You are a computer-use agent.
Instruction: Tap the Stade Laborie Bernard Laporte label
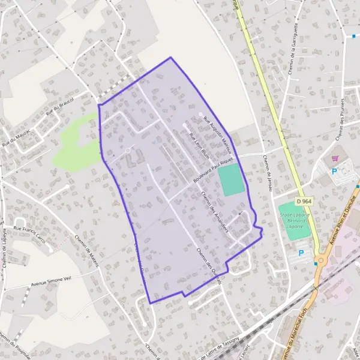[x=292, y=220]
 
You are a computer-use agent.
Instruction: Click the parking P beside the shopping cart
[x=335, y=171]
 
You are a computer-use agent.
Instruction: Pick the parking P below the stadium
[x=301, y=253]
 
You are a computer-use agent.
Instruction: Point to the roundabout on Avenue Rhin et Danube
[x=321, y=260]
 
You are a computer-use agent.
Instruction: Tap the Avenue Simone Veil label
[x=50, y=284]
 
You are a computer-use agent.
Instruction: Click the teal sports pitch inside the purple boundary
[x=231, y=181]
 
